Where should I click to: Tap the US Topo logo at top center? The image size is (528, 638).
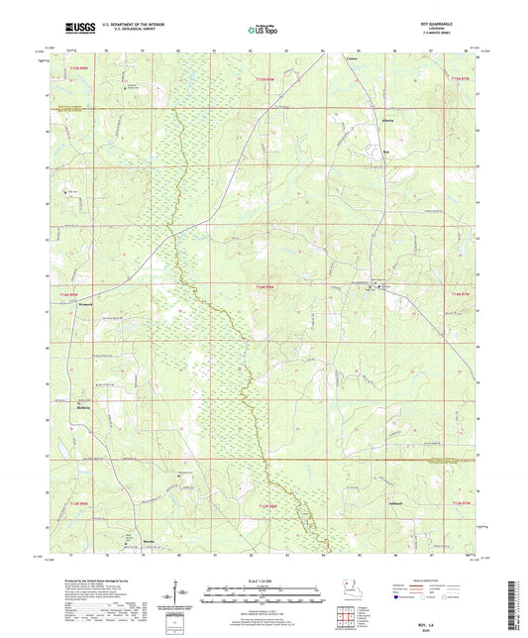(262, 31)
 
